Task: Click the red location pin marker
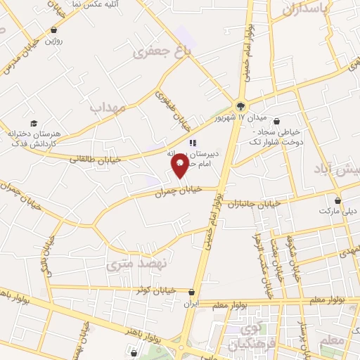pyautogui.click(x=180, y=165)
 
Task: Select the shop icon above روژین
pyautogui.click(x=55, y=30)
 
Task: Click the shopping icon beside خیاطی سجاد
pyautogui.click(x=276, y=121)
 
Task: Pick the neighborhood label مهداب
pyautogui.click(x=108, y=107)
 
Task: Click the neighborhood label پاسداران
pyautogui.click(x=307, y=10)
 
